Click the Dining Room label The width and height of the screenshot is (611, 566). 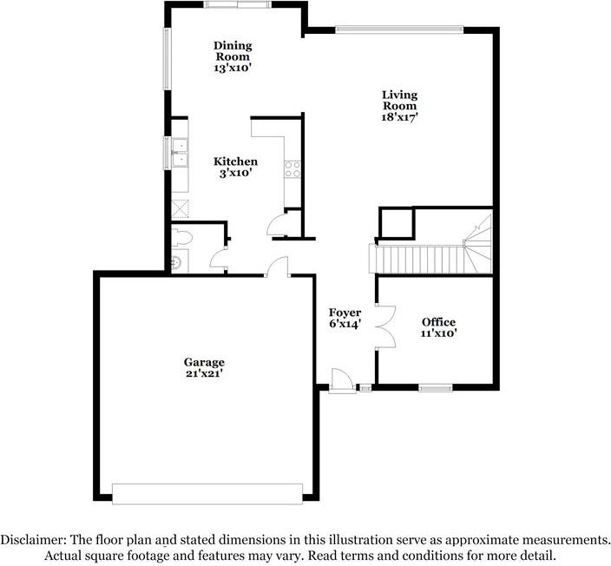pos(233,51)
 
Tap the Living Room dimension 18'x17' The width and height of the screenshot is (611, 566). pos(399,117)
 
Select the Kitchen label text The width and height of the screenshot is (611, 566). pos(235,161)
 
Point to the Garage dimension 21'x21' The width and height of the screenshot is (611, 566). pos(204,373)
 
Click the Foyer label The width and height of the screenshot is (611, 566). pos(345,313)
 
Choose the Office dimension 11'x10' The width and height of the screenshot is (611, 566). pos(438,333)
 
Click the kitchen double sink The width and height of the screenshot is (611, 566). pos(180,153)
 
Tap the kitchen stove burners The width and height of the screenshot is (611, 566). pos(292,169)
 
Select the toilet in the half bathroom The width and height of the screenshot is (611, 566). pos(182,237)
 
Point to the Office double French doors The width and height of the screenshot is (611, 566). pos(385,326)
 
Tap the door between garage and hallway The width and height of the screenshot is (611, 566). pos(278,267)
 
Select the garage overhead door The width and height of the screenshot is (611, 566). pos(207,494)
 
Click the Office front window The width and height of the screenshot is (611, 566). pos(436,387)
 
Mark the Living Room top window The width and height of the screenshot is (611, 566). pos(399,30)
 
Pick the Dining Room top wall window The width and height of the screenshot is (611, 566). pos(238,4)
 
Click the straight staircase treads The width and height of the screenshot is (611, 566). pos(417,260)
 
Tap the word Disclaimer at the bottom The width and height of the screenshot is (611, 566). pos(33,540)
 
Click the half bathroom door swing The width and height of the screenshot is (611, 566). pos(218,259)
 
